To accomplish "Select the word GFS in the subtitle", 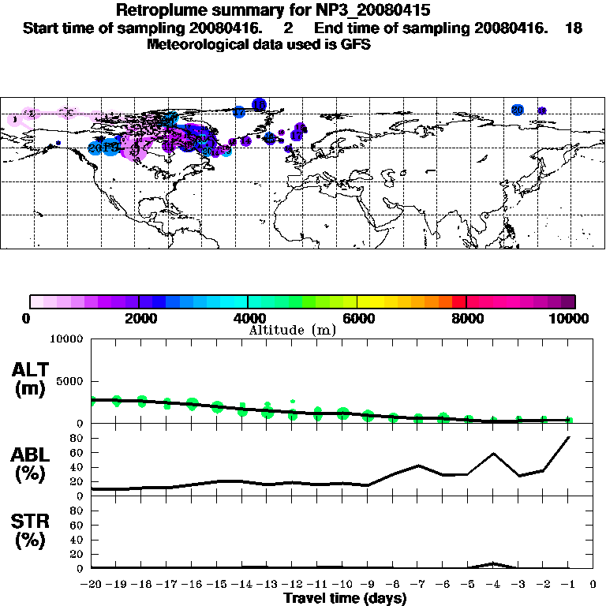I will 355,44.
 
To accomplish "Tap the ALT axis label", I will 31,370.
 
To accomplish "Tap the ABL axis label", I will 31,455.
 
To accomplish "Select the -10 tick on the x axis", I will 342,585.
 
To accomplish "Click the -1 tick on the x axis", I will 568,585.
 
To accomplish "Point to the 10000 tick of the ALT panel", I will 67,340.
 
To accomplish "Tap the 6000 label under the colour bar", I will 357,319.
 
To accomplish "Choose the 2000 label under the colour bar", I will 139,319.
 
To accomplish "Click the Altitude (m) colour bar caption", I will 292,330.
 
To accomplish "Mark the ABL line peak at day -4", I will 493,454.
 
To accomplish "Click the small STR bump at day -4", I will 493,563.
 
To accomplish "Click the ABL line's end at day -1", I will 568,436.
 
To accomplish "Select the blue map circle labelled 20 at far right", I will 518,110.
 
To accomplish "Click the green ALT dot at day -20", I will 92,401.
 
